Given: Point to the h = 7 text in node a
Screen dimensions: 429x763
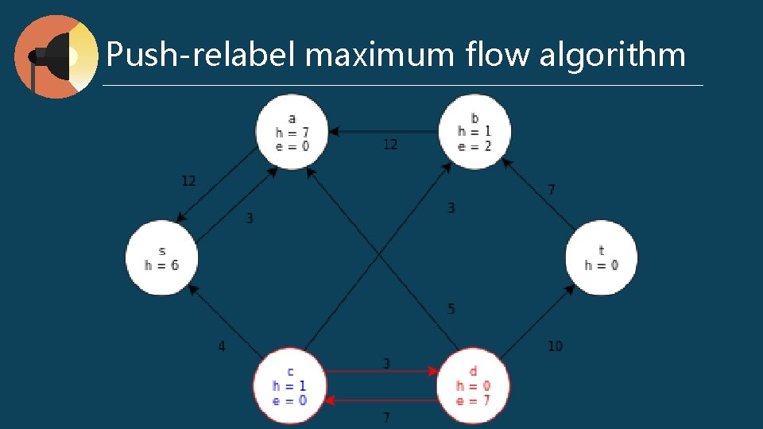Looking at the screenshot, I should click(x=292, y=133).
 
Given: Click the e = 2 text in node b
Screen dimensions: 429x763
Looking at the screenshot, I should click(x=474, y=145).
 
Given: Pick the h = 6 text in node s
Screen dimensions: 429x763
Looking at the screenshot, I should click(x=161, y=265).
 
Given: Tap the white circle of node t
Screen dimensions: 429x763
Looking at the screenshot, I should click(x=602, y=257).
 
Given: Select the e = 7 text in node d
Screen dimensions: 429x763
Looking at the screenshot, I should click(x=473, y=400).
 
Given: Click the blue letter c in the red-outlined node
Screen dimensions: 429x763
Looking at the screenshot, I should click(x=289, y=371).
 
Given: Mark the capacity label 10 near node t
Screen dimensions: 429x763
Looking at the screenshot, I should click(x=555, y=346).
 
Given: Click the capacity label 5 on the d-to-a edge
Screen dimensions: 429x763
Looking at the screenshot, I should click(x=451, y=308).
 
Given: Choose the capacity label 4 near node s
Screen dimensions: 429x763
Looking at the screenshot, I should click(x=222, y=346).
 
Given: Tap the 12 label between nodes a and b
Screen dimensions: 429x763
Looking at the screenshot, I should click(x=390, y=144).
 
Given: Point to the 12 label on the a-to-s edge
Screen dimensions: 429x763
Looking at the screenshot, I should click(x=188, y=181).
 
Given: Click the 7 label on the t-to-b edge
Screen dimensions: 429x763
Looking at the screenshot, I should click(x=552, y=190).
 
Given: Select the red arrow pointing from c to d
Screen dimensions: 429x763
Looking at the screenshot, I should click(x=381, y=371).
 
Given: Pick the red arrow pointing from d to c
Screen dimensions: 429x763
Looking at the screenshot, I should click(x=381, y=399).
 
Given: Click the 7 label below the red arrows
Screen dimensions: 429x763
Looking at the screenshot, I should click(x=386, y=417).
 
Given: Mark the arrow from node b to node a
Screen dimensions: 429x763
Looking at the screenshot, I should click(x=381, y=131).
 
